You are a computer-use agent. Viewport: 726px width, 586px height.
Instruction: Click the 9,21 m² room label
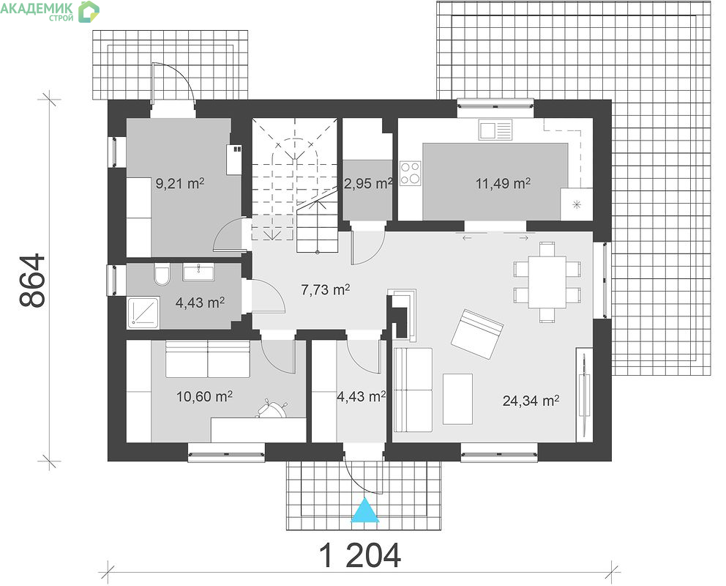(x=179, y=183)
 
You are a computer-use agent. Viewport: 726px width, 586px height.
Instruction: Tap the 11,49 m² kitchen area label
(x=504, y=183)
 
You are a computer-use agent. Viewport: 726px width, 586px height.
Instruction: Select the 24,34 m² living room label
(x=531, y=400)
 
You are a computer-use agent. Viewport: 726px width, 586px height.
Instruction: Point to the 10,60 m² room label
(x=204, y=396)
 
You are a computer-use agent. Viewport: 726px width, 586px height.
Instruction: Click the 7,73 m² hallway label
(x=325, y=290)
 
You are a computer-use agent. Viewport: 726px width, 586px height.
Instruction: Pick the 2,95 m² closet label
(x=368, y=183)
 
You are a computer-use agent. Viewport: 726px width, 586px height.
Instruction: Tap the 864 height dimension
(x=33, y=281)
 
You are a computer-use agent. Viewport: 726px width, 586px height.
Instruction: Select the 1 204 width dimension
(x=360, y=556)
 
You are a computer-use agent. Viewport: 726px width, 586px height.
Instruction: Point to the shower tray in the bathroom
(x=143, y=312)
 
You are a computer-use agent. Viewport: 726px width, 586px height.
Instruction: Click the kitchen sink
(x=495, y=130)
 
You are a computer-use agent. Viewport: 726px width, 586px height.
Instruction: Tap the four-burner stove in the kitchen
(x=411, y=174)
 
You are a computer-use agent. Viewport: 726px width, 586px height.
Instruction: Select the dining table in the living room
(x=547, y=282)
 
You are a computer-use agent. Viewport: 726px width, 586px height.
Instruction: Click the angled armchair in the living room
(x=477, y=334)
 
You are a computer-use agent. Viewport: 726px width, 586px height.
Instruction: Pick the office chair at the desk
(x=272, y=409)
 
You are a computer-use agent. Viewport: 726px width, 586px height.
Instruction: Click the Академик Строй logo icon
(x=89, y=11)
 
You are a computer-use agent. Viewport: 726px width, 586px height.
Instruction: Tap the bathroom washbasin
(x=198, y=272)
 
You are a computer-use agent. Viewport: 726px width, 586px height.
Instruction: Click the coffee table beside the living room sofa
(x=457, y=399)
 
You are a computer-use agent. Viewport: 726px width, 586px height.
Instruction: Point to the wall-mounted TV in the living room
(x=584, y=393)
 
